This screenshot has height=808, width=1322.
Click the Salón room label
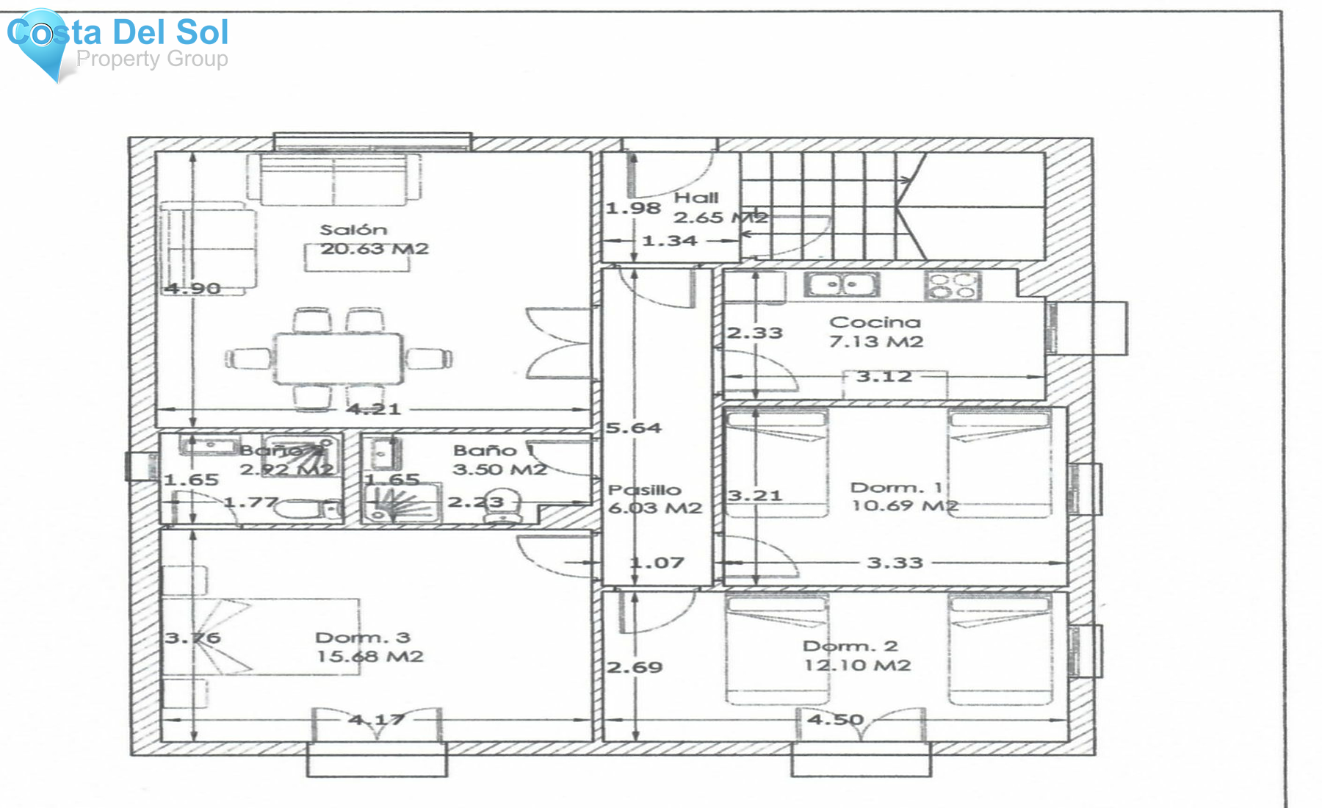click(x=353, y=230)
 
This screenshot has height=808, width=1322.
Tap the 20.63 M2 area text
click(x=374, y=249)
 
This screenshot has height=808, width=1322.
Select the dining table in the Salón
click(x=339, y=358)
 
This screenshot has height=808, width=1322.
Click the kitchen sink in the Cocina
click(x=842, y=284)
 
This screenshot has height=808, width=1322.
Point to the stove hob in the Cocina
click(x=952, y=285)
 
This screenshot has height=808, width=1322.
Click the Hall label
click(x=696, y=198)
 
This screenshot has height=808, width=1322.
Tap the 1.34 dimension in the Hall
click(x=669, y=240)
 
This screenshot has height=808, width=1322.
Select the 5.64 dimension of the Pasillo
click(x=634, y=428)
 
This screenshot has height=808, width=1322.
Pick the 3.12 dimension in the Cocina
click(x=884, y=377)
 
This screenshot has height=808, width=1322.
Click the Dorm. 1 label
click(x=896, y=488)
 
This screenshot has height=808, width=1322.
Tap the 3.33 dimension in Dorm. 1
click(x=895, y=563)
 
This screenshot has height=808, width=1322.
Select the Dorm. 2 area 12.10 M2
click(x=857, y=665)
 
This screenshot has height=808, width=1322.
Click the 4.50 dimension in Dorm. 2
click(x=835, y=719)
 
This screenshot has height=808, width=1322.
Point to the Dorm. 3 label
click(x=362, y=638)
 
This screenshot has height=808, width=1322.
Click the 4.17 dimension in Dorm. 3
click(x=376, y=719)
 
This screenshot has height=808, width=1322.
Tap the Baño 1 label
click(x=494, y=450)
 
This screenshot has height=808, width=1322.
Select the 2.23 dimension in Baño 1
click(x=476, y=502)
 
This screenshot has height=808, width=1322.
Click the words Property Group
click(x=152, y=59)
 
